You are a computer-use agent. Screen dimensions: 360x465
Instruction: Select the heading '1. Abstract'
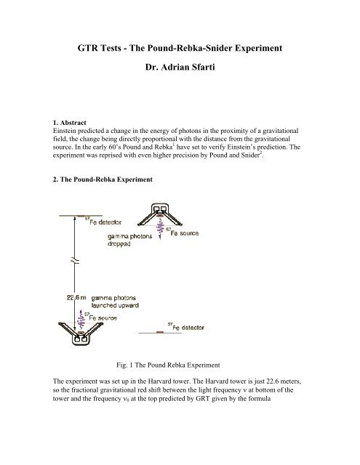point(69,123)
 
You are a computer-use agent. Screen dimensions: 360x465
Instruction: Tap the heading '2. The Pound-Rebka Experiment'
point(103,179)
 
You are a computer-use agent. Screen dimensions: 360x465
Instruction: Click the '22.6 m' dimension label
point(76,297)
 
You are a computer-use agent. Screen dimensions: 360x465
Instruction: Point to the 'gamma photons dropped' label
point(129,240)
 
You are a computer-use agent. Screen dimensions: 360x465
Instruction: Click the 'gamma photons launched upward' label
point(115,302)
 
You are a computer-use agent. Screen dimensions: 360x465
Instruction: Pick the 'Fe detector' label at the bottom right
point(186,327)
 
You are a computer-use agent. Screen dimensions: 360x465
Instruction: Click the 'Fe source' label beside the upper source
point(183,232)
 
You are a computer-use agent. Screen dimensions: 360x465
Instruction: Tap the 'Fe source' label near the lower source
point(100,317)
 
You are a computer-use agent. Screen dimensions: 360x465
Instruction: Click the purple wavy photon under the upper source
point(160,229)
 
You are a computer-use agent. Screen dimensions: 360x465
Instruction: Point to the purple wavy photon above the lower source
point(81,320)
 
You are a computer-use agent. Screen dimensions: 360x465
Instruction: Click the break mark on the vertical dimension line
point(75,261)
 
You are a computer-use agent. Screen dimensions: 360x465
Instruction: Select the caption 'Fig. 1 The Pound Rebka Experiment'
point(168,365)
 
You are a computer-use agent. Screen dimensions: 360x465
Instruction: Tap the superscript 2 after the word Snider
point(260,153)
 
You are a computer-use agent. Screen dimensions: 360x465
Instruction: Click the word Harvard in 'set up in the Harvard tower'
point(159,381)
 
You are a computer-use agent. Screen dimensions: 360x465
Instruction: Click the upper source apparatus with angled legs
point(160,214)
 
